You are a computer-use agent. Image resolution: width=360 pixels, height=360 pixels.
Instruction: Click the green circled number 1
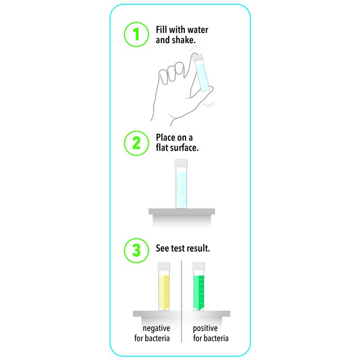point(136,35)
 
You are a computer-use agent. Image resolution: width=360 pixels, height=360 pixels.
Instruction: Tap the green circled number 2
point(136,143)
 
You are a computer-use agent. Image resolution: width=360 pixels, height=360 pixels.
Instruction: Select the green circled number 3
point(136,250)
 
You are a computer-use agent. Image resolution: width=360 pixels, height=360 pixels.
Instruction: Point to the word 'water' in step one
point(198,30)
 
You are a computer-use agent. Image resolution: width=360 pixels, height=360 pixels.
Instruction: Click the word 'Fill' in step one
point(162,30)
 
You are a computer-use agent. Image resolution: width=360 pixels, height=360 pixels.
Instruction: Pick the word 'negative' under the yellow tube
point(156,328)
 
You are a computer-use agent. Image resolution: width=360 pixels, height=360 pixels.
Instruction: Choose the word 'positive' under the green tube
point(205,328)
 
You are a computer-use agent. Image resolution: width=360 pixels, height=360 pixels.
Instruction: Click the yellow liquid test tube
point(164,287)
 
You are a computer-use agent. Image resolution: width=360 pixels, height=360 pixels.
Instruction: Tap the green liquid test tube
point(198,287)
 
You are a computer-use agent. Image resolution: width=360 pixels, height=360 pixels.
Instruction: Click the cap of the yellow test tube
point(164,266)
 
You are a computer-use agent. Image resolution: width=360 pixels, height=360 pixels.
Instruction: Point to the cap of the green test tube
point(198,266)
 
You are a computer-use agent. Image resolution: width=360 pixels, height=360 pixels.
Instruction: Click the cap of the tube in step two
point(181,163)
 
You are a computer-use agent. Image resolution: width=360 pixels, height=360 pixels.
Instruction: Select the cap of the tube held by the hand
point(198,58)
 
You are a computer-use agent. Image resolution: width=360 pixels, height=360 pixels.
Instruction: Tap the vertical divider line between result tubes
point(181,301)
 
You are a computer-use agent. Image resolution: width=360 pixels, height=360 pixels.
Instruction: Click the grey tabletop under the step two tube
point(182,211)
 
